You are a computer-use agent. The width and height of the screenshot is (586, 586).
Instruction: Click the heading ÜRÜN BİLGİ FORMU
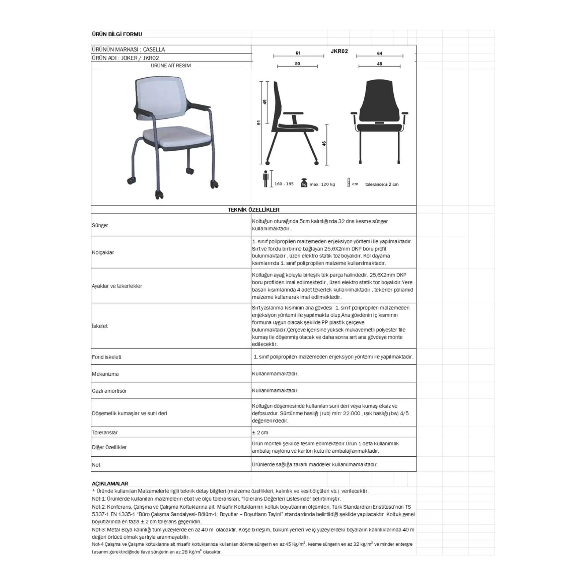(117, 34)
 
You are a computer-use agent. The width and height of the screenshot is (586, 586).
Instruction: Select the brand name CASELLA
(154, 49)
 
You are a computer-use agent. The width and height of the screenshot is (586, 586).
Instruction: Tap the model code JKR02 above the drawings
(339, 51)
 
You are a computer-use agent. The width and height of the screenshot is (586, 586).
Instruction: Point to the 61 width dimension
(298, 53)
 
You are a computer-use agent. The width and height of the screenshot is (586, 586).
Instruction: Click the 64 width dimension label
(379, 53)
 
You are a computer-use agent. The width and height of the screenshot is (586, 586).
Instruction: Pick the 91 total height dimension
(259, 123)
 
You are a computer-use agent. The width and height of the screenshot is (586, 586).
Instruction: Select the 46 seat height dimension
(324, 144)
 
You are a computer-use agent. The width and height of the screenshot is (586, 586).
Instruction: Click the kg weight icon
(304, 183)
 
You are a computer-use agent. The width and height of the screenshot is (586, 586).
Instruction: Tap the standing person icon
(266, 179)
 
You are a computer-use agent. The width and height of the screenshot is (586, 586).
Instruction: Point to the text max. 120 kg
(322, 184)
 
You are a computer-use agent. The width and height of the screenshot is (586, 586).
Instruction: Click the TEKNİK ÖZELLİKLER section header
(253, 210)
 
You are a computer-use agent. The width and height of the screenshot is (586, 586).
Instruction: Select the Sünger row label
(100, 225)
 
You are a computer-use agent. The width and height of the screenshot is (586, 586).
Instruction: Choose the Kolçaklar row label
(103, 252)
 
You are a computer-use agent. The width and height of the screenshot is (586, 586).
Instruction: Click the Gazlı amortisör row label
(109, 391)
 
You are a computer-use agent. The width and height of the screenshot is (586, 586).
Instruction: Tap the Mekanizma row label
(105, 374)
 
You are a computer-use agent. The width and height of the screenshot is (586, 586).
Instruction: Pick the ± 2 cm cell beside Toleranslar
(260, 433)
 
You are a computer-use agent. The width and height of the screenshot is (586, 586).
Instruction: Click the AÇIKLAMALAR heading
(110, 483)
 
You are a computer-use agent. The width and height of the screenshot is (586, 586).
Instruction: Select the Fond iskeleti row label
(106, 357)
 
